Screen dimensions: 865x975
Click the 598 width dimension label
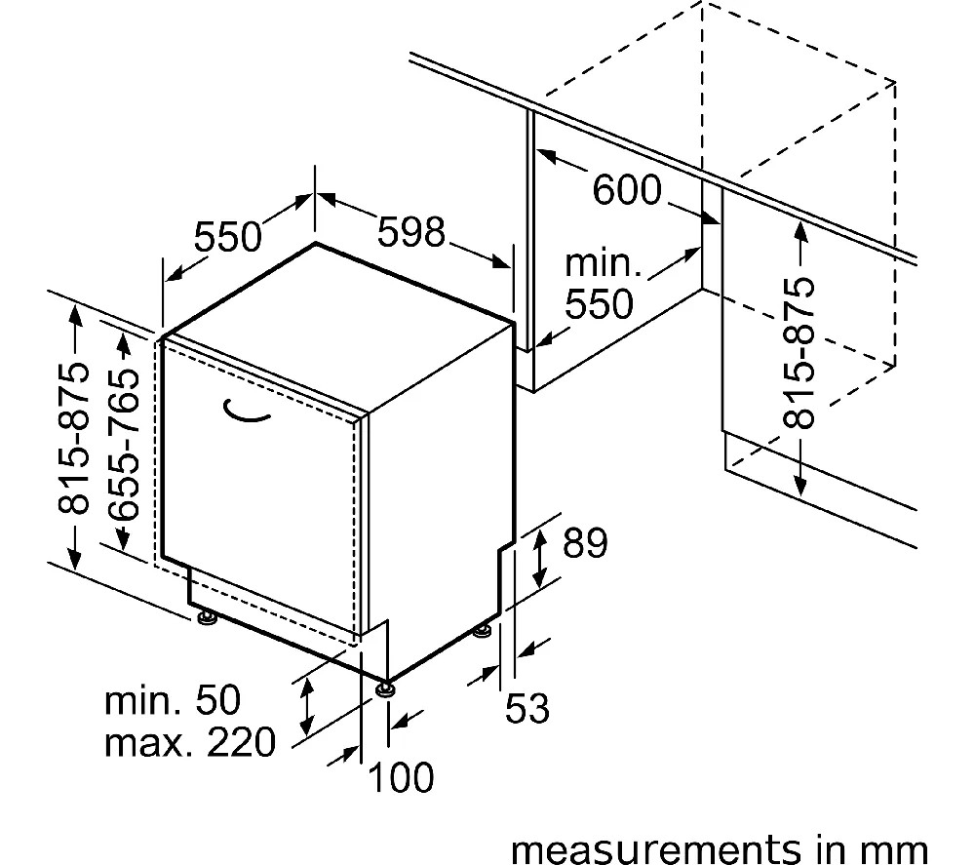[411, 233]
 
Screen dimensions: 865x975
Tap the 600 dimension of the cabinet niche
[627, 190]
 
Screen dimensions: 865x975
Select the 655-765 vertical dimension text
[120, 443]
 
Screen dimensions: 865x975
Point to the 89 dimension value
[584, 544]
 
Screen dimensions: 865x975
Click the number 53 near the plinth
[527, 709]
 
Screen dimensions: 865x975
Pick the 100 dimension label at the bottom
[400, 777]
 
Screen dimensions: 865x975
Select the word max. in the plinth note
[147, 743]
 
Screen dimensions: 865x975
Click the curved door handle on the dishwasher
[243, 413]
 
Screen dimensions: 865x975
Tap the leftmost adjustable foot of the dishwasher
[206, 618]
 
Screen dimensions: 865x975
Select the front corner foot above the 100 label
[386, 688]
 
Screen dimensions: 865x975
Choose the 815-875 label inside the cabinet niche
[799, 354]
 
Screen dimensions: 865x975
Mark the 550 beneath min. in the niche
[600, 305]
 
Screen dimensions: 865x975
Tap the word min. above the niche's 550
[604, 262]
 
